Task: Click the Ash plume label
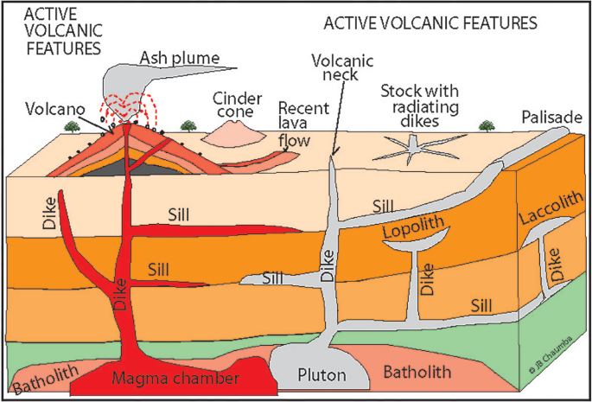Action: (180, 58)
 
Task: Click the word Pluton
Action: (321, 375)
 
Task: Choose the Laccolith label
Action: (549, 207)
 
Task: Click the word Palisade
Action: (551, 118)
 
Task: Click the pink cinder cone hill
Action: (232, 135)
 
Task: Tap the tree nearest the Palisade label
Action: (487, 125)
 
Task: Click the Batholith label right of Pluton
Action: (417, 372)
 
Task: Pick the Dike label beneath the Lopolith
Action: (428, 279)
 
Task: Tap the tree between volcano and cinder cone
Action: (188, 125)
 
